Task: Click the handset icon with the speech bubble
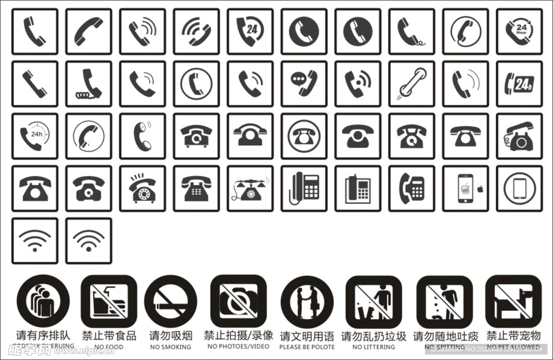coord(304,84)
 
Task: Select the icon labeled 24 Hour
coord(519,31)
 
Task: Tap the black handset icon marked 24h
coord(519,84)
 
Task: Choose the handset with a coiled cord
coord(89,84)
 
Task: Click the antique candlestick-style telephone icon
coord(250,188)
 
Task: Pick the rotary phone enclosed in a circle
coord(304,136)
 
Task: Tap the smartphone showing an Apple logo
coord(466,188)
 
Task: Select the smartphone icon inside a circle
coord(519,188)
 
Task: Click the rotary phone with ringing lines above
coord(143,188)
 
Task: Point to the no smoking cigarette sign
coord(170,302)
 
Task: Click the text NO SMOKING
coord(170,347)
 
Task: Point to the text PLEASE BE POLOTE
coord(307,347)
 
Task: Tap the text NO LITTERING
coord(373,347)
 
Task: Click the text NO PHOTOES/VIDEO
coord(238,347)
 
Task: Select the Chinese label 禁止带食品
coord(109,336)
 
